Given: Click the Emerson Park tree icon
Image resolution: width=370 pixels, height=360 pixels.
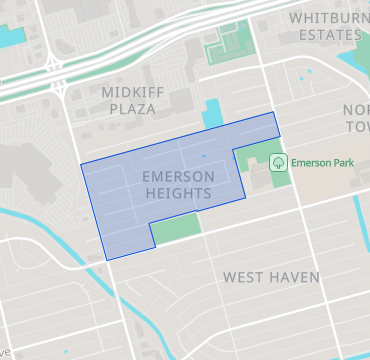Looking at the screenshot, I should pos(278,161).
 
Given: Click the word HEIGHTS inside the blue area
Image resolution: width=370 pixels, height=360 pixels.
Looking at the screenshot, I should pos(178,192).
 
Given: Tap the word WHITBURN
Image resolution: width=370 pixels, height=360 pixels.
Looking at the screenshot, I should pos(323,18).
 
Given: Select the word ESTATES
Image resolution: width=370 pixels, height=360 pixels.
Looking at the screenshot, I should pos(324,35).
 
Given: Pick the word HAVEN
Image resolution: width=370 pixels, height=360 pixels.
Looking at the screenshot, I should pos(294,276).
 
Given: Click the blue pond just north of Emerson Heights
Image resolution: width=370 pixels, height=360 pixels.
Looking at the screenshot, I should pos(213,114).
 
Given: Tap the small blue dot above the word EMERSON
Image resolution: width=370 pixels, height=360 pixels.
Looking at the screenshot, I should pos(204,157).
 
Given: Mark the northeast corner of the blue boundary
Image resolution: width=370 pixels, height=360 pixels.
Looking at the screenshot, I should pos(274,113).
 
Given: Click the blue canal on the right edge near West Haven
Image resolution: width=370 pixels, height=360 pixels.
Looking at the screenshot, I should pos(359,220).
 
